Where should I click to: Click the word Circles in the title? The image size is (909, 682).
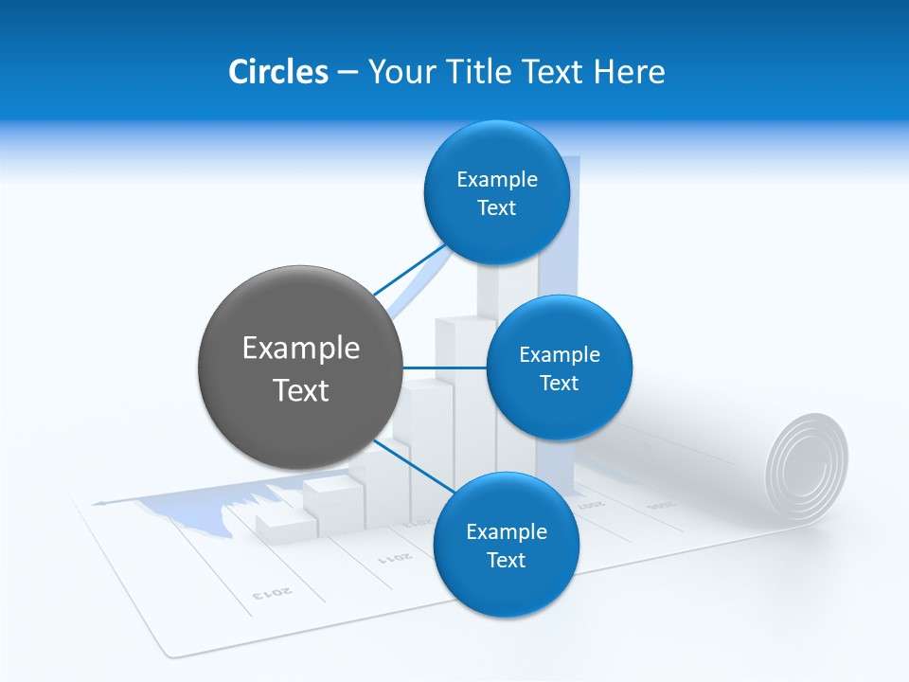(277, 71)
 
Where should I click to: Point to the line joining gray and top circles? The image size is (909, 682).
(409, 270)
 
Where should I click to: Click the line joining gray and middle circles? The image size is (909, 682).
(444, 368)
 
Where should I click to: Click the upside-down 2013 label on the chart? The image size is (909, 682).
(273, 593)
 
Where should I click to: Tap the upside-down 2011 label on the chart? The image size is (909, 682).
(395, 556)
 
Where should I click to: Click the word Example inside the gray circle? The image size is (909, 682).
(301, 349)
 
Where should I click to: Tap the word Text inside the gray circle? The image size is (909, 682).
(301, 390)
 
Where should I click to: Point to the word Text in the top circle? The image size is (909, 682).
(496, 208)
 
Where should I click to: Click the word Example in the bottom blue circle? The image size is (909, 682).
(506, 532)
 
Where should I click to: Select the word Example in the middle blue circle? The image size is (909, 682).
(559, 355)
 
